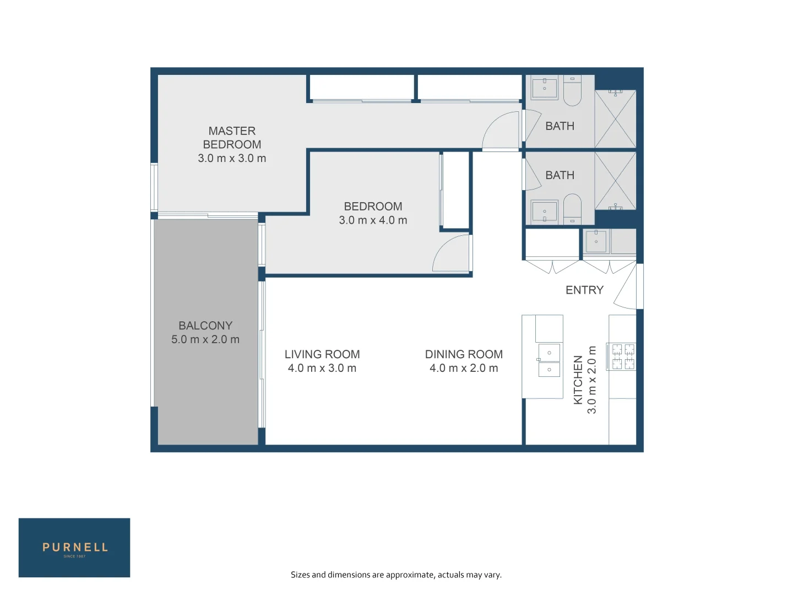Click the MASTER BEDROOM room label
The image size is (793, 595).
(232, 138)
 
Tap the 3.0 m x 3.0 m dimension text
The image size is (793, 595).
(232, 159)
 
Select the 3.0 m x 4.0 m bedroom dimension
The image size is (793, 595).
(373, 220)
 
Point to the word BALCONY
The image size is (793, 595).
(205, 326)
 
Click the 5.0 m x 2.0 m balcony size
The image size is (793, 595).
(205, 340)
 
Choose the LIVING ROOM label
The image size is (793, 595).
(322, 354)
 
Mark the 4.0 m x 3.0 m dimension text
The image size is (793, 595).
(322, 369)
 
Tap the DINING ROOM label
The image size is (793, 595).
(464, 354)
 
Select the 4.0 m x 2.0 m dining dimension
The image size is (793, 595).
(464, 369)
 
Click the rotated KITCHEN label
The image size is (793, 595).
(578, 380)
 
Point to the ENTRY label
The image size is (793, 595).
(584, 290)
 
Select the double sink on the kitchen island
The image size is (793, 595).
(548, 360)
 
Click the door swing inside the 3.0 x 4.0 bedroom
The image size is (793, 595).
(449, 255)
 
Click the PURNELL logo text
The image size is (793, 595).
(75, 548)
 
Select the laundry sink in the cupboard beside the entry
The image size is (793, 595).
(596, 241)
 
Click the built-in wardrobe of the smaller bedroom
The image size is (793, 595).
(456, 190)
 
